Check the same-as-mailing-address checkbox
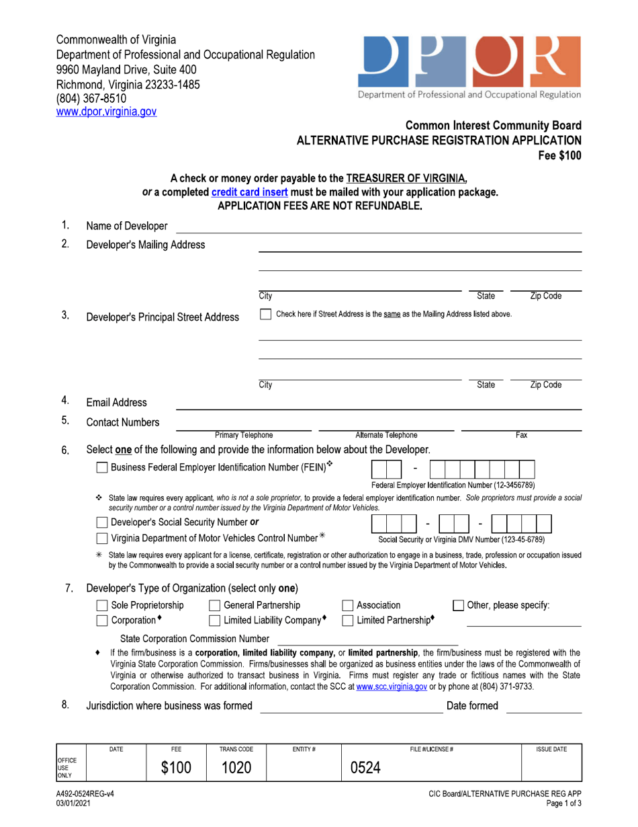(x=265, y=314)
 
